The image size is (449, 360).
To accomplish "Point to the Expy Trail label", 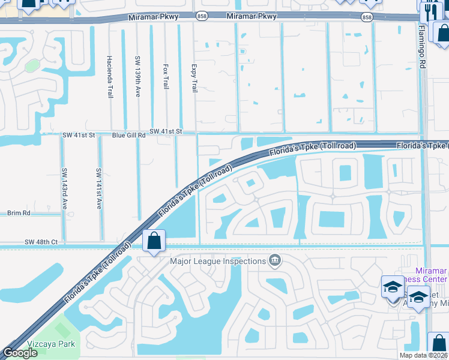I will point(193,79).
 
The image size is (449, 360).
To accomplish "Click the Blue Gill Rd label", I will point(129,136).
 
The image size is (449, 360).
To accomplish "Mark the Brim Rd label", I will point(18,213).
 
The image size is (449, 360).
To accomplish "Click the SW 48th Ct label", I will point(41,242).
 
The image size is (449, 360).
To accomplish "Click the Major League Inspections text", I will point(217,261).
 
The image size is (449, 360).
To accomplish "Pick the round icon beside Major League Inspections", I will point(276,260).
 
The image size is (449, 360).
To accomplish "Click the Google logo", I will point(20,353).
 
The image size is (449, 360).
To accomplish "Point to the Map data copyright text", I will point(423,355).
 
